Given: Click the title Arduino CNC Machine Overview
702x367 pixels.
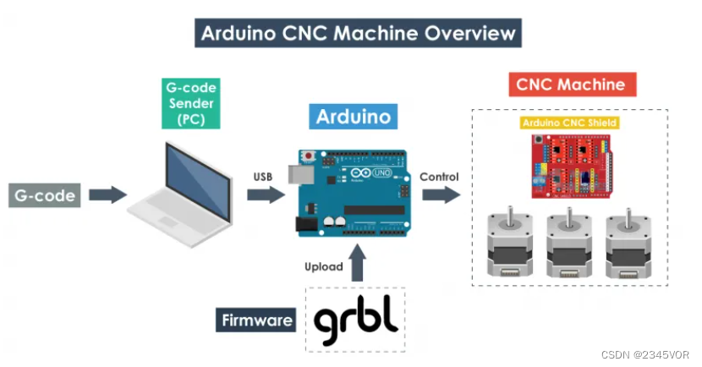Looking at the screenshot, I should (x=358, y=34).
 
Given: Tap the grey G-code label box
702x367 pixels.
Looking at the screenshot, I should (x=45, y=196).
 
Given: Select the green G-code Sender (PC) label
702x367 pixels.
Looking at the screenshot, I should (x=191, y=104).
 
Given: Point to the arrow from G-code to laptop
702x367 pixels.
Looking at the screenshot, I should (x=107, y=195).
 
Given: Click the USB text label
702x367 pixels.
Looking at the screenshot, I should (x=263, y=177).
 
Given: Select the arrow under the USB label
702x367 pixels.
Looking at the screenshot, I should (x=266, y=195).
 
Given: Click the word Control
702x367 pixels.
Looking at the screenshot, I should (x=439, y=177).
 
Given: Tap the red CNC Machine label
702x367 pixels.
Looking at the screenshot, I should (x=571, y=85).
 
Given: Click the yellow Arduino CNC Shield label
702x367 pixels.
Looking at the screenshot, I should (x=569, y=123).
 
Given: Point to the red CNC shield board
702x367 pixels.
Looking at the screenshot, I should (x=569, y=167).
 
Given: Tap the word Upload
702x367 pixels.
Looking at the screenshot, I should (x=324, y=266).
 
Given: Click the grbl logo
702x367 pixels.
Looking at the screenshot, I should (x=355, y=320).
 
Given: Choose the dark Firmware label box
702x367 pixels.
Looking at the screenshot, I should (x=257, y=320).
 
